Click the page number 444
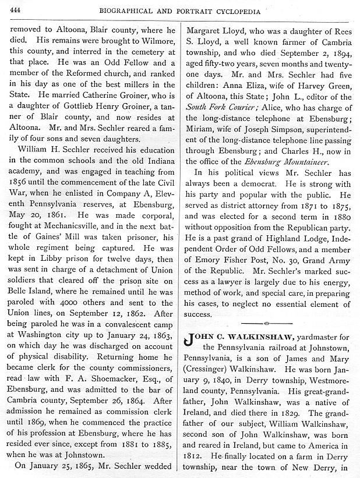pos(17,6)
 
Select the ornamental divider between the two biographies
pos(265,322)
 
